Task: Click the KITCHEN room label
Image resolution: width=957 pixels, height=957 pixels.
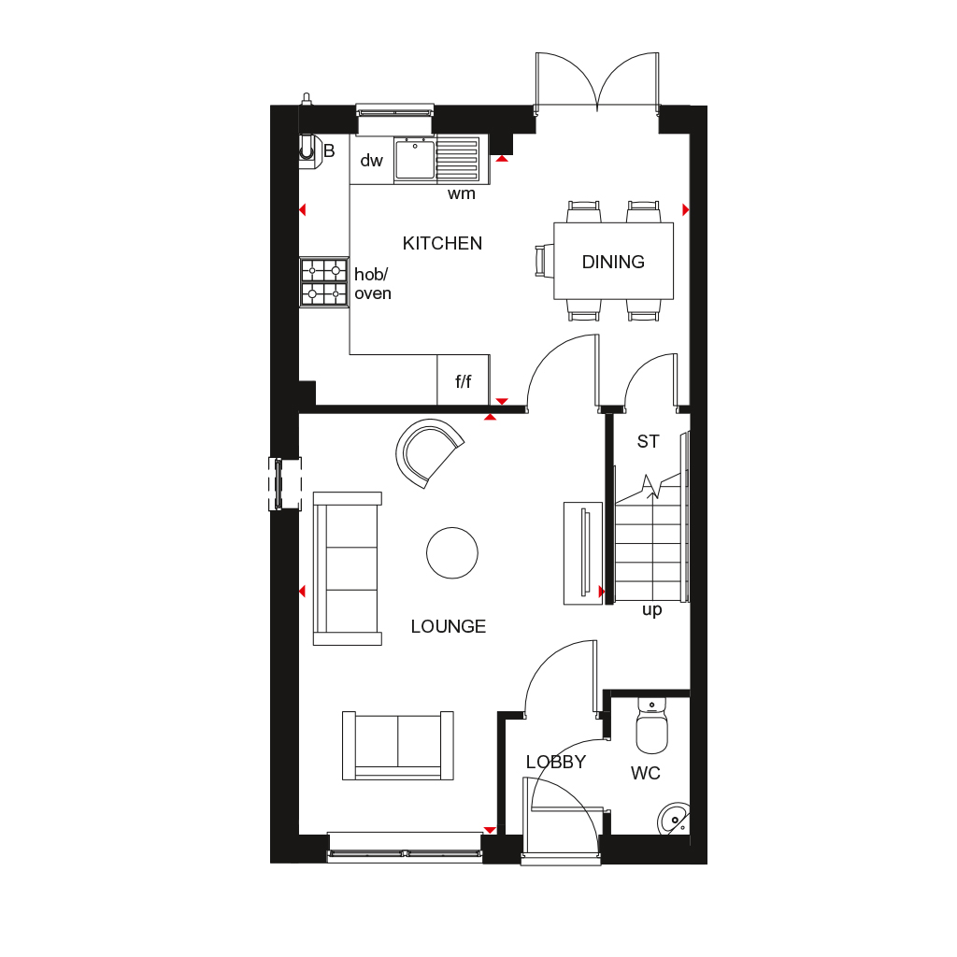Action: click(442, 244)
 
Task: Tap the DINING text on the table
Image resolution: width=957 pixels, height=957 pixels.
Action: click(613, 263)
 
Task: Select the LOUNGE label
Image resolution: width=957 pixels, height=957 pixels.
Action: click(449, 627)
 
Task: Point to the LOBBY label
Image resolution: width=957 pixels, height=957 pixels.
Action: click(555, 763)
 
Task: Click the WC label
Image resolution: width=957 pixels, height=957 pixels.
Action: click(646, 774)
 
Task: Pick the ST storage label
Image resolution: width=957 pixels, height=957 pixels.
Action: click(648, 442)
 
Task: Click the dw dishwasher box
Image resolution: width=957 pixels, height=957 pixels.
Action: click(372, 160)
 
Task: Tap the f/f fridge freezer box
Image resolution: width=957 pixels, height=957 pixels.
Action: click(464, 381)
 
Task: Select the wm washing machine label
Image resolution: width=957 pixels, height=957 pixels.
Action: click(462, 194)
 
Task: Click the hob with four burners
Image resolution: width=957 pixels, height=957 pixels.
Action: click(323, 282)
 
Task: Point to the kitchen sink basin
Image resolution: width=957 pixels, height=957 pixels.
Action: click(414, 159)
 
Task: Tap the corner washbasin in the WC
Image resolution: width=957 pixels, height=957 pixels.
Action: click(675, 820)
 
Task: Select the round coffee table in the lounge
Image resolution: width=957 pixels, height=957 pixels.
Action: click(452, 553)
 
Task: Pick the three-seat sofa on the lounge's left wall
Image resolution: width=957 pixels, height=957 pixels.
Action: click(348, 568)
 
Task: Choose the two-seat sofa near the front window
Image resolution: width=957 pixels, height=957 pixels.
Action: click(398, 745)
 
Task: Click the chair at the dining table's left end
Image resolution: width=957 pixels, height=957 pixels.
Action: click(542, 261)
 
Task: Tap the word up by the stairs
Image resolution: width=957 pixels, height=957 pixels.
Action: click(651, 610)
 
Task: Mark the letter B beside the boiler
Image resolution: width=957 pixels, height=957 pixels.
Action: click(329, 150)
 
